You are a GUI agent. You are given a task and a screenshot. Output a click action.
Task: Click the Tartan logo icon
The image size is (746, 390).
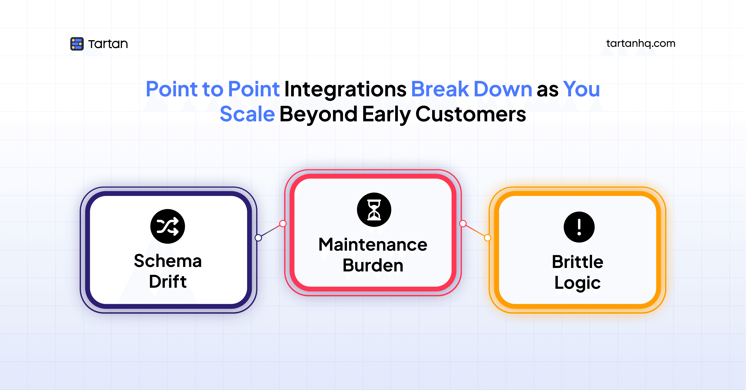77,44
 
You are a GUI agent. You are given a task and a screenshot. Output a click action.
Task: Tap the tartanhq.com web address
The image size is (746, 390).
641,44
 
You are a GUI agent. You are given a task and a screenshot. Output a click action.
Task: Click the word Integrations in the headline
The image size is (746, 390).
345,89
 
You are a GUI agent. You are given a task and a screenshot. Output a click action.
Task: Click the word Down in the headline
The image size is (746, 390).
503,89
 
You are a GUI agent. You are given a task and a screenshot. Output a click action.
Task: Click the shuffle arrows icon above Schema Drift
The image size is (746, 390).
167,226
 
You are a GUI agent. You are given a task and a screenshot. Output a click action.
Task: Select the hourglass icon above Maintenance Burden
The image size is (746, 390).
374,210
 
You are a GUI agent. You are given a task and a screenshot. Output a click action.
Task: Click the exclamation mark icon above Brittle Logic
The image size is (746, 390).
579,227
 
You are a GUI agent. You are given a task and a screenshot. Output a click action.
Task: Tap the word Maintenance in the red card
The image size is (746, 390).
373,245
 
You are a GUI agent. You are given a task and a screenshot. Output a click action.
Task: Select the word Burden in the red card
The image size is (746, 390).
373,265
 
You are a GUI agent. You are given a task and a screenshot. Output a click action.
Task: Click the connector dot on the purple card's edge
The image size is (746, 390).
258,238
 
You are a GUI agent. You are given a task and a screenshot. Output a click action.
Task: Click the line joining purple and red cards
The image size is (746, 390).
271,231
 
